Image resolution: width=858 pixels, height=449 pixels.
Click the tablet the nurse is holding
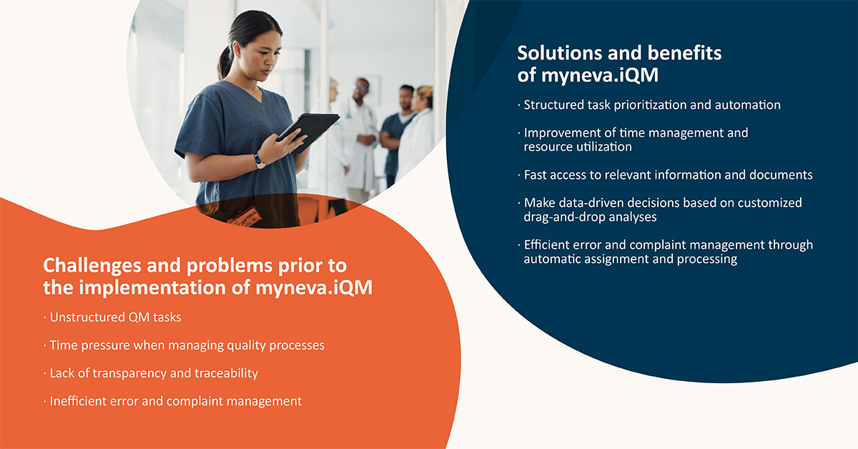click(x=308, y=130)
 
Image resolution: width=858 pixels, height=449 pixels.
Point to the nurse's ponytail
click(x=226, y=61)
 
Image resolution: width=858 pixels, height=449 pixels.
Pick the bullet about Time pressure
click(x=186, y=345)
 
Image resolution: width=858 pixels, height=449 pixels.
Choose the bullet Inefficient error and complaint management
click(x=174, y=401)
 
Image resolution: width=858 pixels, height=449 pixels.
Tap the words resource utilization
click(x=578, y=147)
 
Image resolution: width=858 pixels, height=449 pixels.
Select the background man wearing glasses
click(x=362, y=90)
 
